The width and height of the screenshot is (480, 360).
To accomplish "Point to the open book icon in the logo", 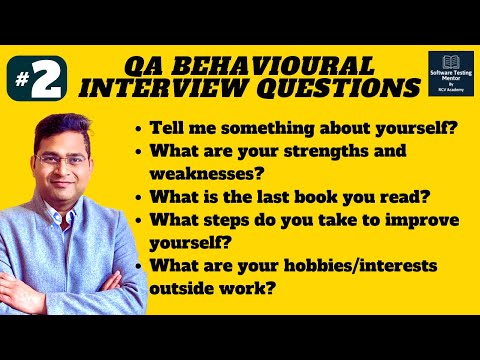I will click(450, 64).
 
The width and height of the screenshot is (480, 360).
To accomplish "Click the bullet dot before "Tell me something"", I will click(137, 130).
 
